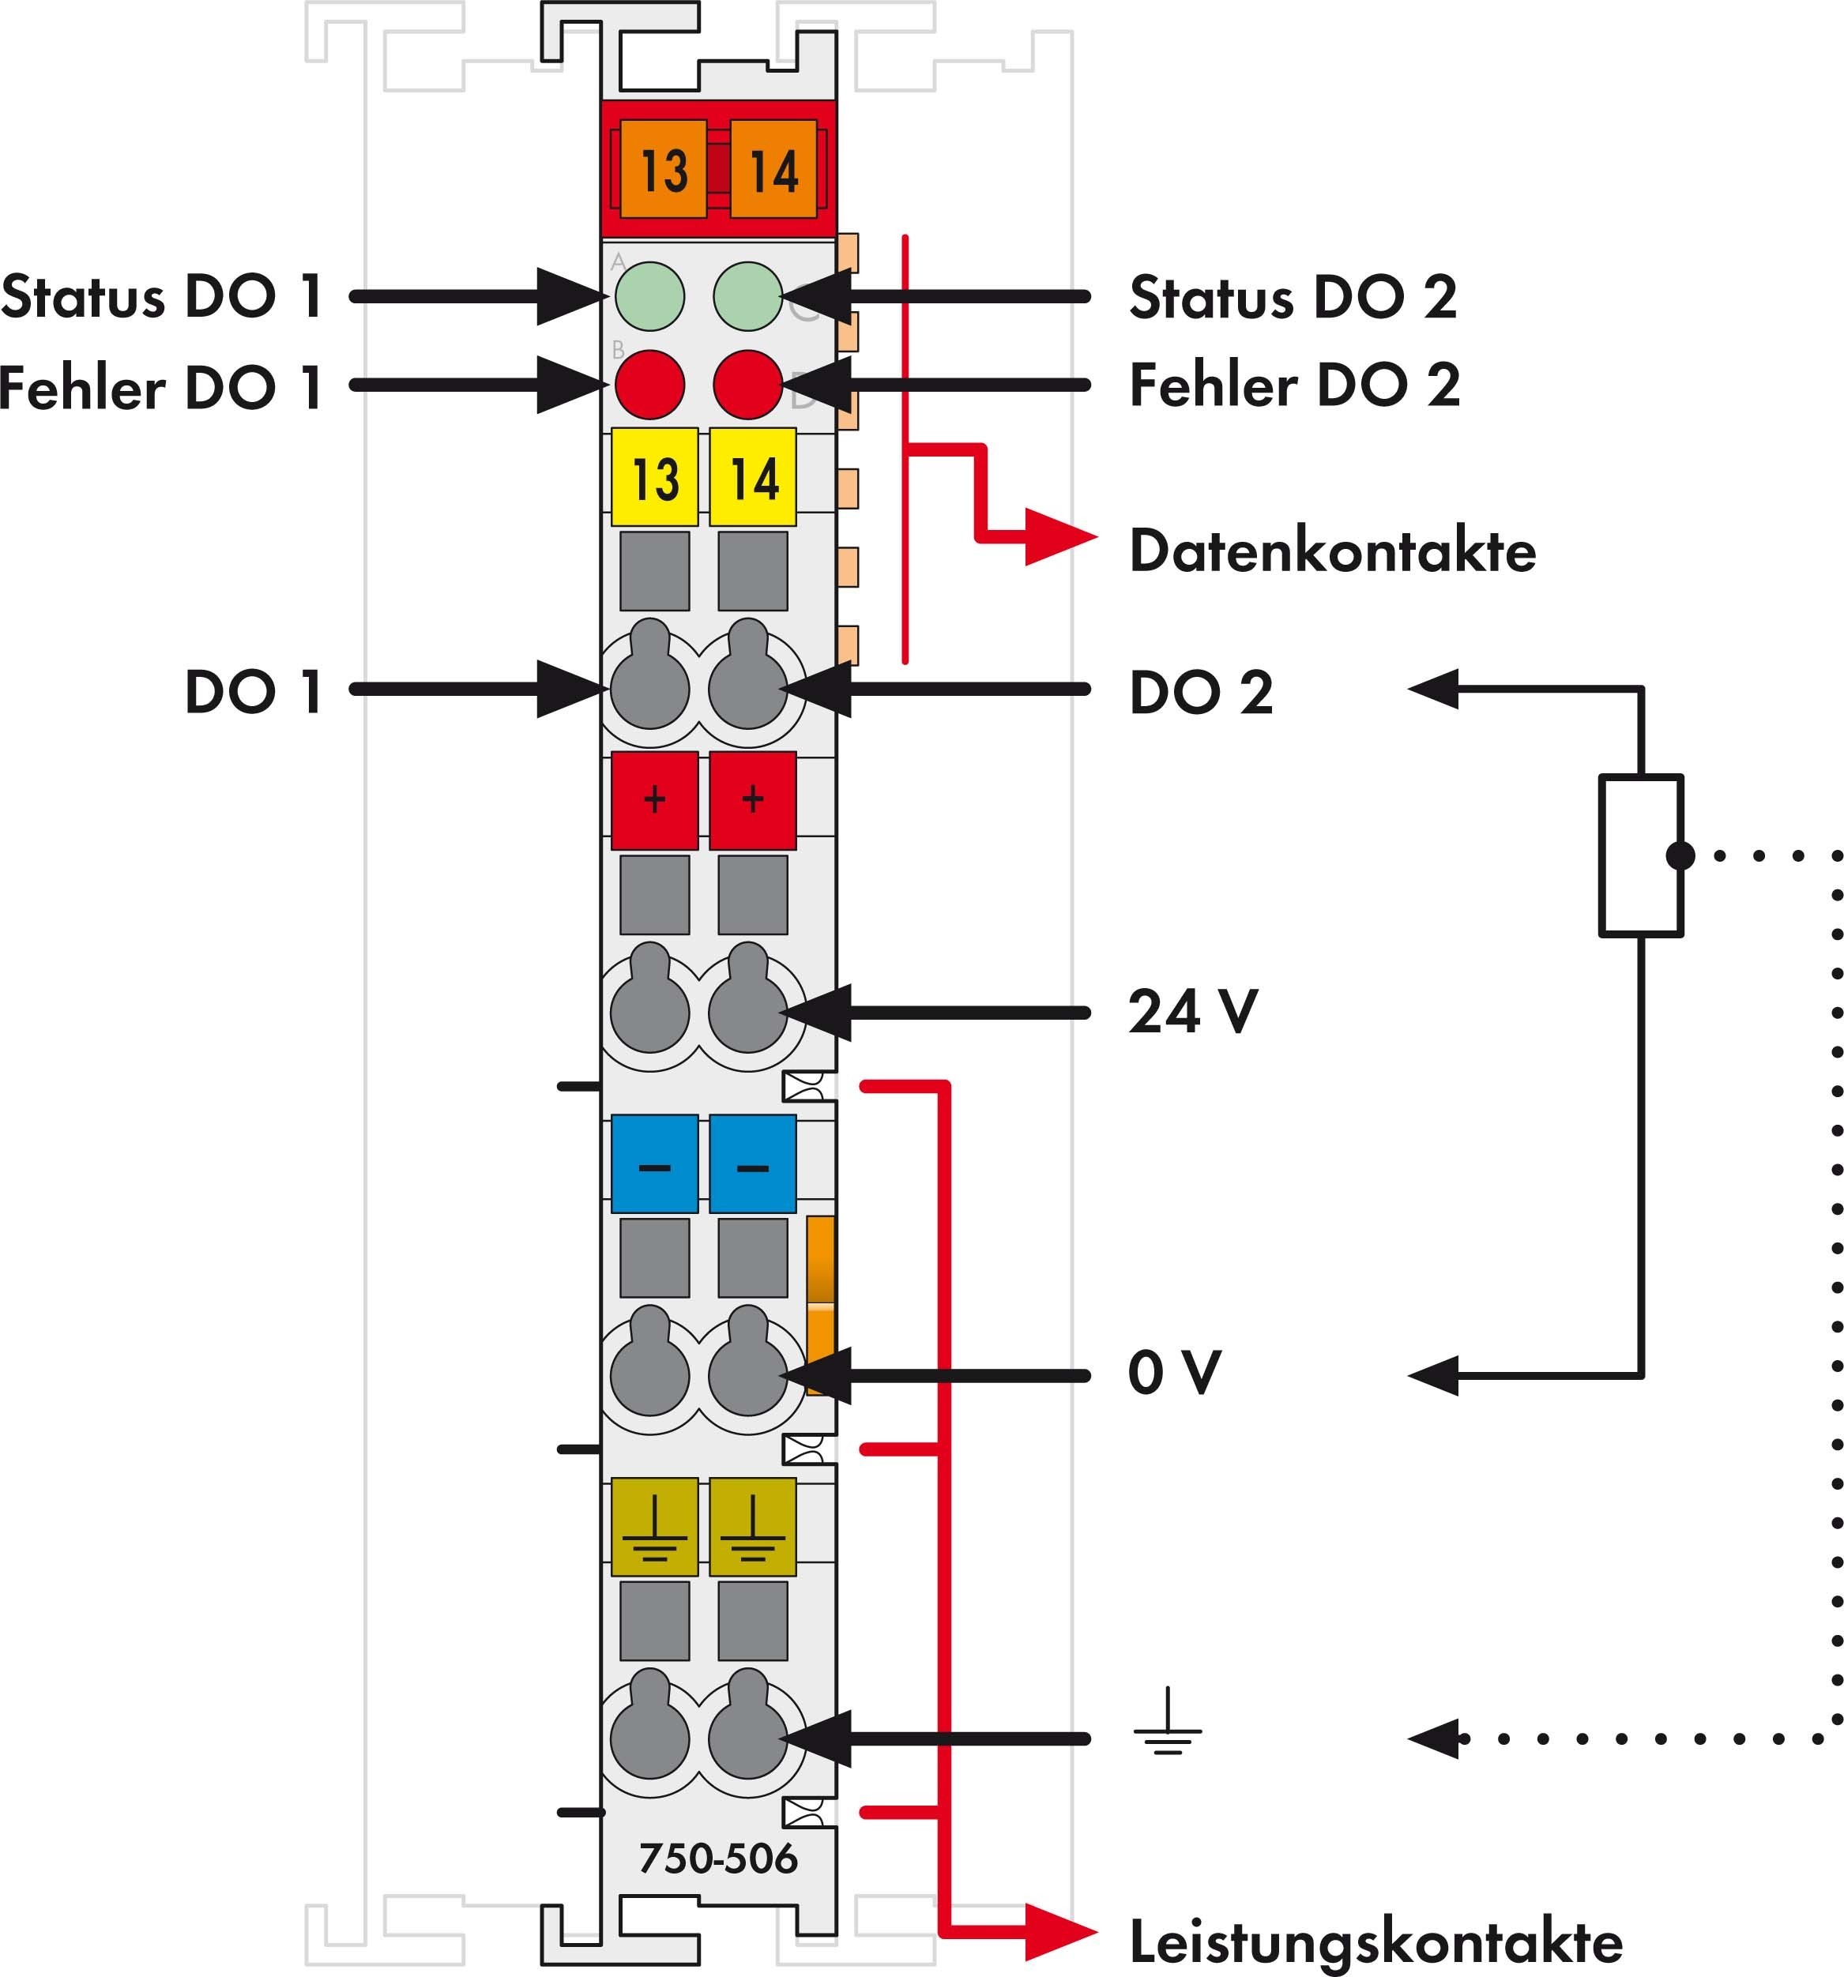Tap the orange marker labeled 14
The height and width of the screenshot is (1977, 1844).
[x=773, y=169]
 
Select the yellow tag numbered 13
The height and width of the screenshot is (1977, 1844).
[x=654, y=477]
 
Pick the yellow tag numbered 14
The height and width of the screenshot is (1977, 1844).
[x=753, y=477]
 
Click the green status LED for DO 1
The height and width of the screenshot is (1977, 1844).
[x=649, y=295]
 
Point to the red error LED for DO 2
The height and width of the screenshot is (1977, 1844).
[x=748, y=384]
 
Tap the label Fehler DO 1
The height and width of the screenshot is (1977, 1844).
[x=161, y=387]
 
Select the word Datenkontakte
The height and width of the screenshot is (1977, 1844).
[x=1332, y=551]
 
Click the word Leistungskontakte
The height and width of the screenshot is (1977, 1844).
[x=1375, y=1941]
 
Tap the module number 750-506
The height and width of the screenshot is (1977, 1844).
[x=717, y=1858]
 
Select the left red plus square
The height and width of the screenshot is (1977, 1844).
[x=654, y=799]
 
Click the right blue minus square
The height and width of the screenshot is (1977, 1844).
[x=753, y=1164]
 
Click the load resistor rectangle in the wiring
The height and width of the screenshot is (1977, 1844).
[x=1641, y=855]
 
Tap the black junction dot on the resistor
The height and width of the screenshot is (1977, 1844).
[x=1680, y=855]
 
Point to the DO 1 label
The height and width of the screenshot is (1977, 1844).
[x=254, y=691]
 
